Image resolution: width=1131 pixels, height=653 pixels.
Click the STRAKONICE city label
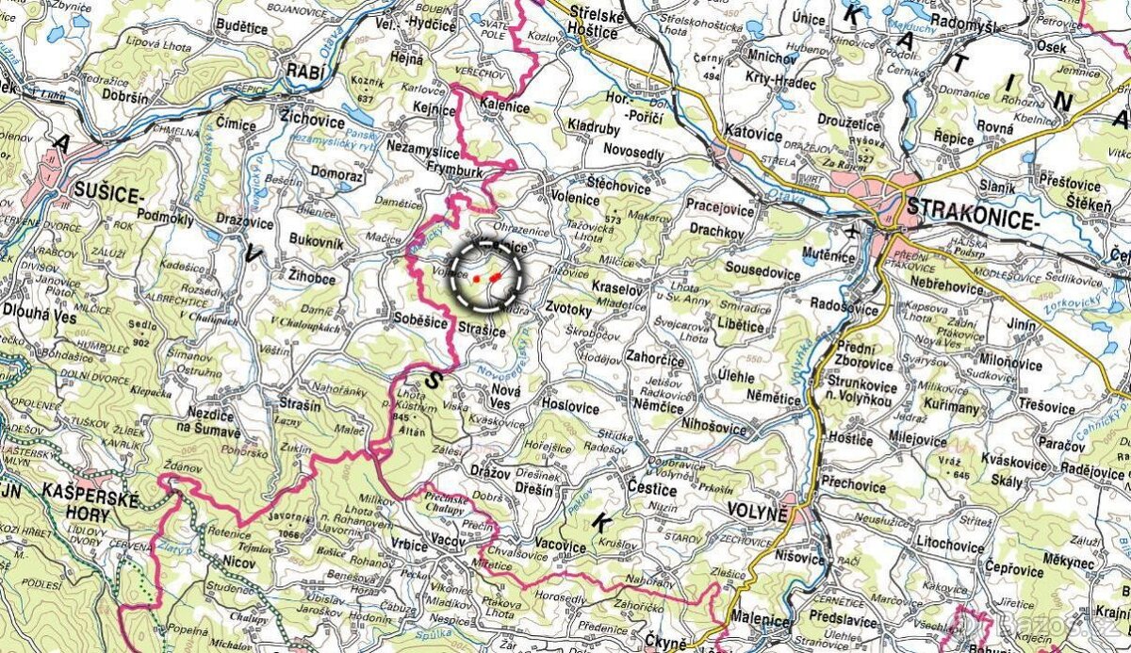point(970,208)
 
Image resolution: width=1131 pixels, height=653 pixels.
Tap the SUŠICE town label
point(107,196)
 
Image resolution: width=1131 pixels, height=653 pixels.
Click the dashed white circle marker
point(484,275)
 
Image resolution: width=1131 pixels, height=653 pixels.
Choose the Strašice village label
point(483,332)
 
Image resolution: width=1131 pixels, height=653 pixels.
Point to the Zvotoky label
point(568,309)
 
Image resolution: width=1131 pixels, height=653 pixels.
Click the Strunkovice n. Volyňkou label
point(863,389)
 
